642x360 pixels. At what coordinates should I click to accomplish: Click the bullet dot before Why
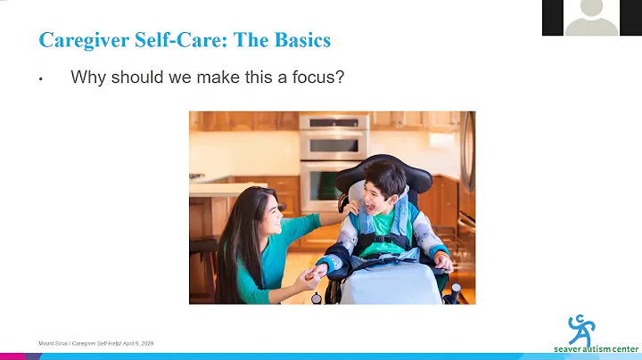click(x=41, y=79)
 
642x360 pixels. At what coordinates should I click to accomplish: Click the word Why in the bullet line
click(x=87, y=78)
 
